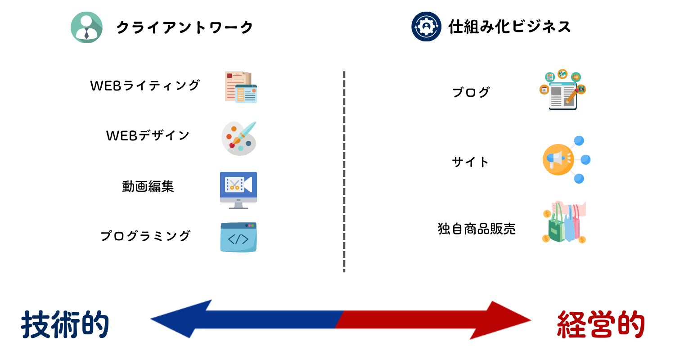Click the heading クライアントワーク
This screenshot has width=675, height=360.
pos(184,27)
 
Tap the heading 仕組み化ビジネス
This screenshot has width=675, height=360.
pos(509,27)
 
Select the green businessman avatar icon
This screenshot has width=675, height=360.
pos(86,27)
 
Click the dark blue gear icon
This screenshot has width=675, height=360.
pos(427,27)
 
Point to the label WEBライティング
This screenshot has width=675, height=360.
pos(145,85)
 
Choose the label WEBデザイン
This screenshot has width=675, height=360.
pos(148,135)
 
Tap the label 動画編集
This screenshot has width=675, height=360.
pos(148,186)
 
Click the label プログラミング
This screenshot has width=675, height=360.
pos(145,236)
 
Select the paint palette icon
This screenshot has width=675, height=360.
pos(238,138)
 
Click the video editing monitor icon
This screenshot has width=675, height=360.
pos(238,190)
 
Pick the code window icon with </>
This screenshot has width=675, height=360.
pos(238,237)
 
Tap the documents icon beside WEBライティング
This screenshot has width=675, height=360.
pos(241,87)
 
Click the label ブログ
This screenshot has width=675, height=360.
pos(471,92)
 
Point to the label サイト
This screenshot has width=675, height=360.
pos(470,162)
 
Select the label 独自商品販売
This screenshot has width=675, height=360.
pos(477,229)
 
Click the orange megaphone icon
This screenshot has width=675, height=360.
pos(566,160)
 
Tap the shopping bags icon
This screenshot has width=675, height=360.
pos(564,222)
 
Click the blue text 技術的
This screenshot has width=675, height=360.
pos(65,324)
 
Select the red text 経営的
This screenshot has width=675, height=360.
pos(601,324)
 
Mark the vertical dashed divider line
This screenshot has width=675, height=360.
pos(344,172)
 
